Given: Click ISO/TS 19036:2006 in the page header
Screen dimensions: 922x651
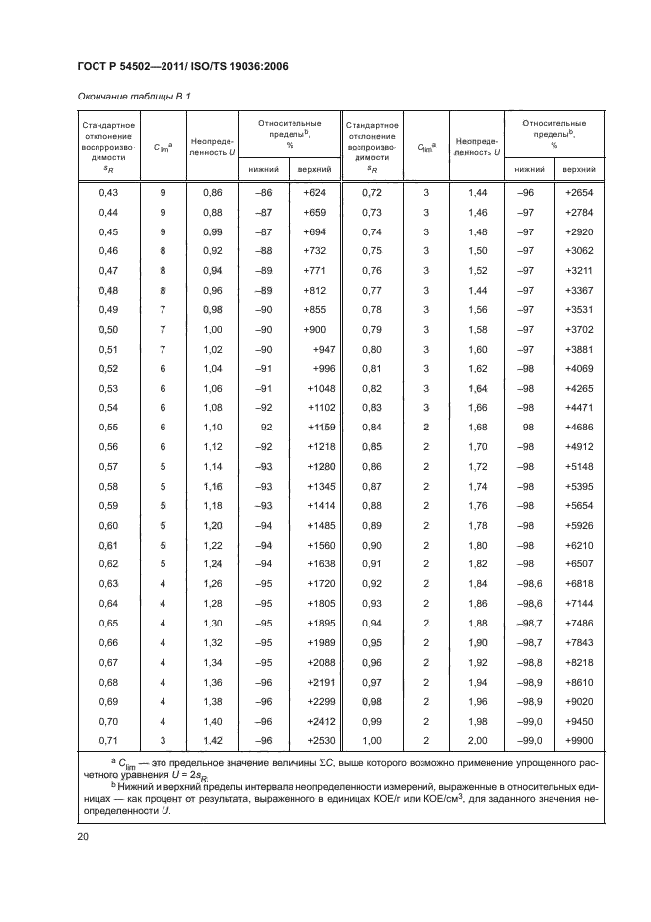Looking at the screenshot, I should [x=239, y=66].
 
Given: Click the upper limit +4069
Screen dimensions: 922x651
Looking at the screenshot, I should [x=579, y=369].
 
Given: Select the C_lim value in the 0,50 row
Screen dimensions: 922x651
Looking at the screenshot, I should [x=163, y=328].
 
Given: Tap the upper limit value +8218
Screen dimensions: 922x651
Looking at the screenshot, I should [x=579, y=663].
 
